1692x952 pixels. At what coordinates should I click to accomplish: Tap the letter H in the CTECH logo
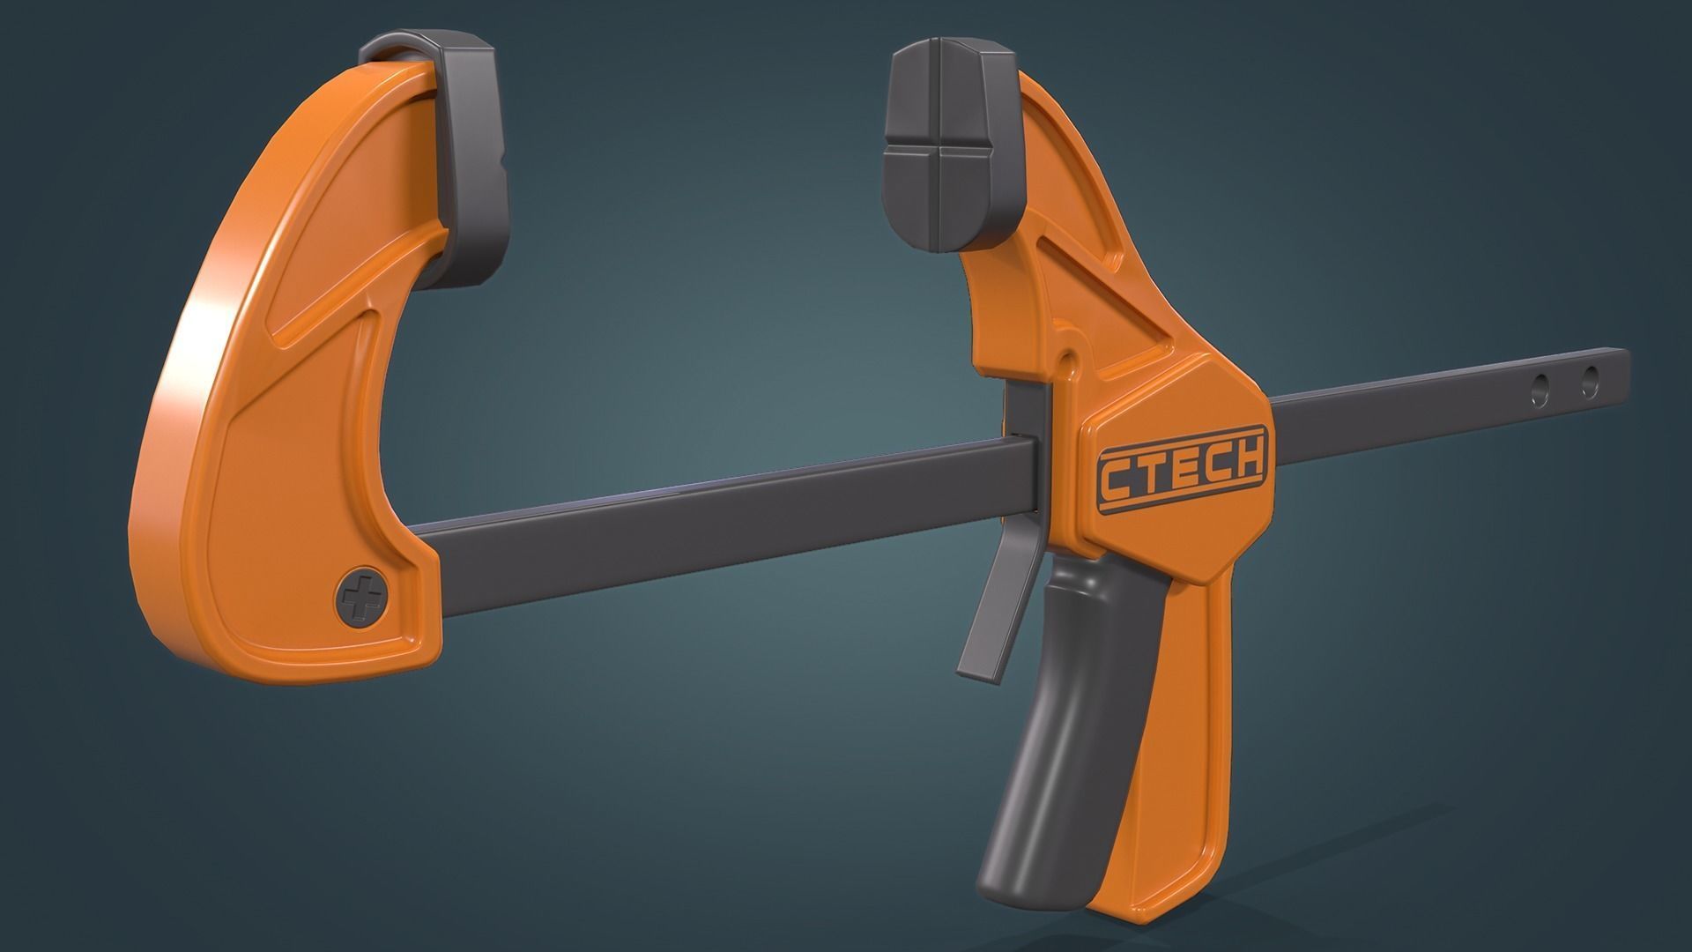coord(1247,458)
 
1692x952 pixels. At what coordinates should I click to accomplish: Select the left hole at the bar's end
coord(1541,386)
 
